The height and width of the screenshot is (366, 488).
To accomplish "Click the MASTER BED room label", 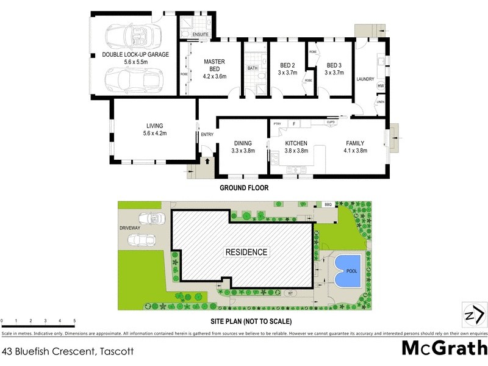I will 215,65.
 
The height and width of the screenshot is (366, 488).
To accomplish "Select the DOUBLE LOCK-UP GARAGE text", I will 135,54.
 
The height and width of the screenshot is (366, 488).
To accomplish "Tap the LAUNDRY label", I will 365,78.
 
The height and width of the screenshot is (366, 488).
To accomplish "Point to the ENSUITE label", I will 201,34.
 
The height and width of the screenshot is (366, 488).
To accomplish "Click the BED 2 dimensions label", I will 288,73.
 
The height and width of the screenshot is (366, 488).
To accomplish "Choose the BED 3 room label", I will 334,65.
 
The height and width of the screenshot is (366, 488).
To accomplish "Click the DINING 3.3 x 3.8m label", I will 243,147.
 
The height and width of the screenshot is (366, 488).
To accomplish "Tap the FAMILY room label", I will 355,143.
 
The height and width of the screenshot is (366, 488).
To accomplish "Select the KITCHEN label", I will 296,143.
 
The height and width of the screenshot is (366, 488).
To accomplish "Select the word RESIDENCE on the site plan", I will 246,252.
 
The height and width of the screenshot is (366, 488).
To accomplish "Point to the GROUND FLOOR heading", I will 244,188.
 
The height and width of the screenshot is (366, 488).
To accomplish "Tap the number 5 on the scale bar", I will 74,320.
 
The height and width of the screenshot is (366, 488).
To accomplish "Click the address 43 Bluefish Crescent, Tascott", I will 67,351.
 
